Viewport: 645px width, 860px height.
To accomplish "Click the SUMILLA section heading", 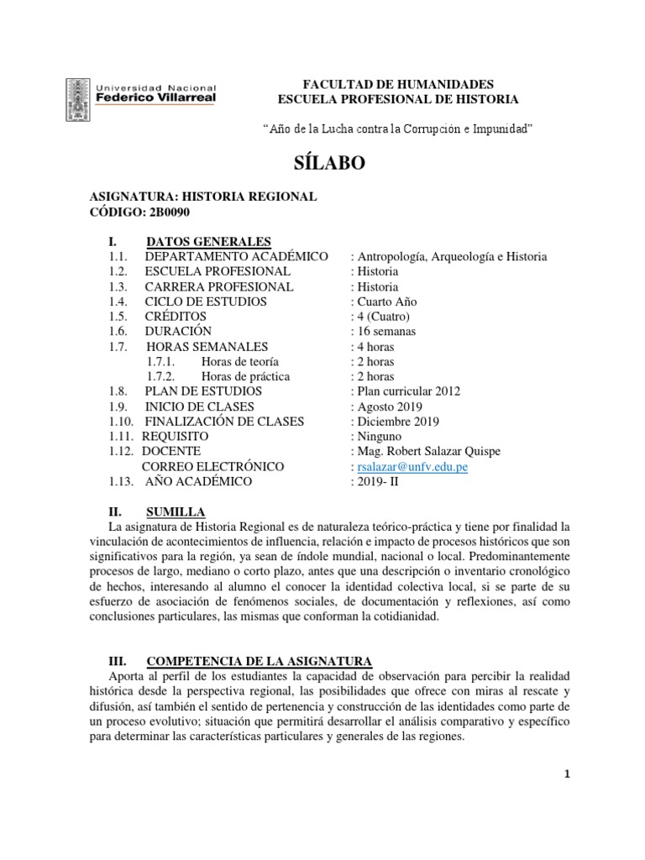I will click(x=175, y=511).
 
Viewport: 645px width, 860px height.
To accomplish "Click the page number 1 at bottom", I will click(x=568, y=774).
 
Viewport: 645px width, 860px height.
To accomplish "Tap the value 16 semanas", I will click(x=385, y=332).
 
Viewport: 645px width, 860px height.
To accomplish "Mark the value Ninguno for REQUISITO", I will click(x=378, y=437).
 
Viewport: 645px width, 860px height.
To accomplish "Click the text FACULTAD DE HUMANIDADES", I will click(x=399, y=84).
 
